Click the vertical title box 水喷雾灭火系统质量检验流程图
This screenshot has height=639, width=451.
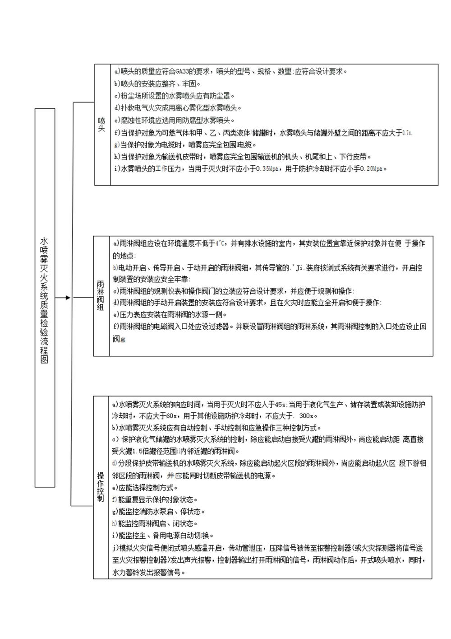tap(45, 298)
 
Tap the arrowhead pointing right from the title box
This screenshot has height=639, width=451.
tap(68, 298)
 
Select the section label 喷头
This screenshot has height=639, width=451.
tap(102, 125)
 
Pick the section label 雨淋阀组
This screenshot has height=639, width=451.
tap(101, 296)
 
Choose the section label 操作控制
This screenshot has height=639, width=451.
tap(101, 487)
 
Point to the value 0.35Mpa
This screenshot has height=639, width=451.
tap(267, 169)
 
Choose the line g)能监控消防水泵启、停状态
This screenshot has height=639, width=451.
tap(158, 512)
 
